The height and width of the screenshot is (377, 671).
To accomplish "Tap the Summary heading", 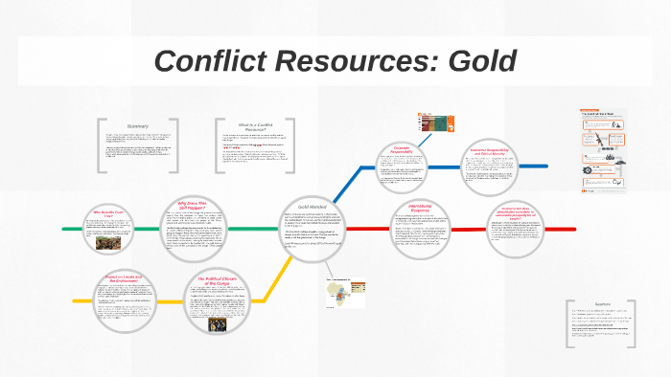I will [137, 127].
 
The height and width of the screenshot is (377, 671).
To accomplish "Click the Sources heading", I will [603, 304].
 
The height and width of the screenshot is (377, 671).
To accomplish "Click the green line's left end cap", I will [64, 230].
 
